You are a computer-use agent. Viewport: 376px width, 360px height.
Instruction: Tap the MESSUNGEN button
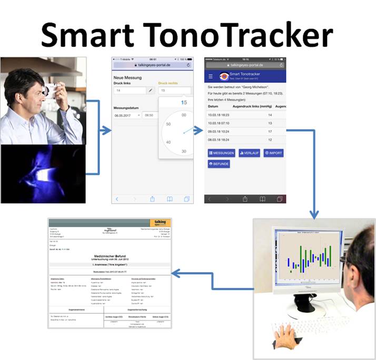click(x=222, y=153)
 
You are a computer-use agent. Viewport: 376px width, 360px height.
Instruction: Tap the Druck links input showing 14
click(x=129, y=91)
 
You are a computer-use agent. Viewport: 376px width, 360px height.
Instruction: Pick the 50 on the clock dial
click(x=169, y=124)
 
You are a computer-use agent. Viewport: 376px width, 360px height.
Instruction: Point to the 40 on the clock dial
click(x=169, y=142)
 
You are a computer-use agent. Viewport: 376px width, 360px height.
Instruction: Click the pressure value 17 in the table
click(x=270, y=131)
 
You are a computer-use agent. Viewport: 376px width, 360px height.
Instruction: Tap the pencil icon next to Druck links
click(x=150, y=91)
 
